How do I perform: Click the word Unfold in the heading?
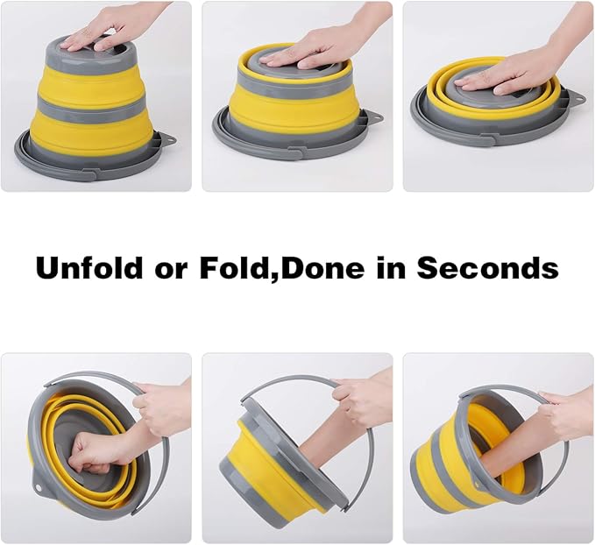pos(89,267)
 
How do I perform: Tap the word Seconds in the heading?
pos(487,267)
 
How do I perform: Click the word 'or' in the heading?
pos(171,271)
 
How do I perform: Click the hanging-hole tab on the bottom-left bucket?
pos(39,486)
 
